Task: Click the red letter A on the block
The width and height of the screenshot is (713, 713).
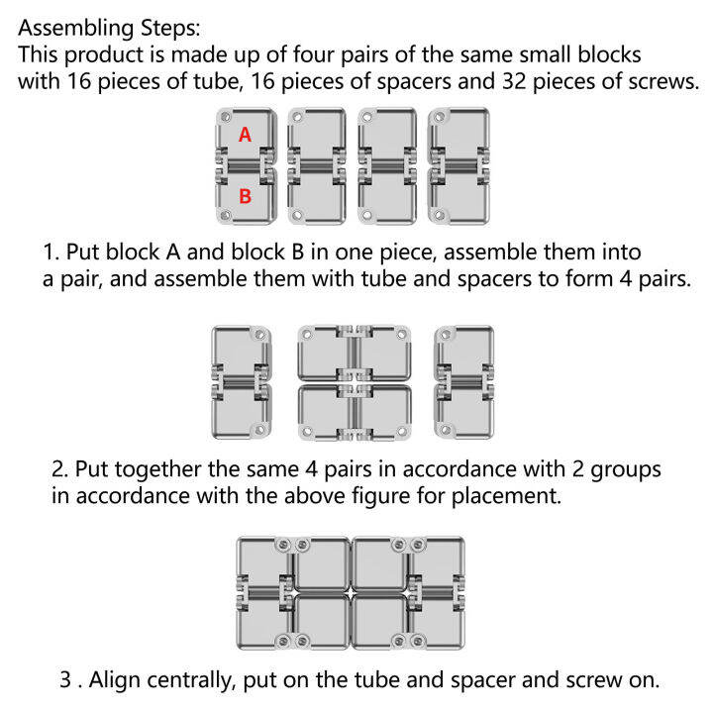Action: pyautogui.click(x=246, y=135)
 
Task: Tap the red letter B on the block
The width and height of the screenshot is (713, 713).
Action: pyautogui.click(x=246, y=196)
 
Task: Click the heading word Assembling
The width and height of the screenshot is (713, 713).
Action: pyautogui.click(x=76, y=28)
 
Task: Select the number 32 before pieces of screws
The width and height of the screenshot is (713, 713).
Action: pyautogui.click(x=513, y=81)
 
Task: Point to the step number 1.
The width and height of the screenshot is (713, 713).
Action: pyautogui.click(x=51, y=252)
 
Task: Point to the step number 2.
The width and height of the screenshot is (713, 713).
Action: pyautogui.click(x=60, y=468)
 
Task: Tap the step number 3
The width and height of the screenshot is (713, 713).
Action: pyautogui.click(x=67, y=679)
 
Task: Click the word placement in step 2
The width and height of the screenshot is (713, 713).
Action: pyautogui.click(x=506, y=496)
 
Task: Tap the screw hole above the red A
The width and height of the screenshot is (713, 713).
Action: pyautogui.click(x=225, y=117)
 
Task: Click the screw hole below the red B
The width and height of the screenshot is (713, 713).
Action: pyautogui.click(x=224, y=215)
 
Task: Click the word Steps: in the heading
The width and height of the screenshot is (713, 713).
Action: pyautogui.click(x=170, y=28)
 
